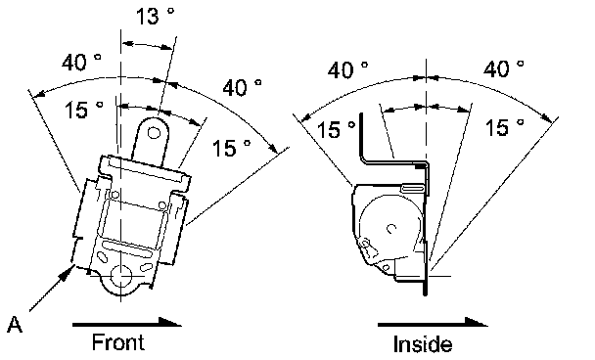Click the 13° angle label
(155, 16)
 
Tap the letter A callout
(15, 325)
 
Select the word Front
(118, 341)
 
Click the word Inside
(423, 344)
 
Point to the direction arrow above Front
(127, 323)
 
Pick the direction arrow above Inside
(433, 323)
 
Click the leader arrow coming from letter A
(51, 289)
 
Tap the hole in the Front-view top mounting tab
(154, 133)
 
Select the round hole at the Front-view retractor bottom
(121, 276)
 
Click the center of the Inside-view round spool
(391, 228)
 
